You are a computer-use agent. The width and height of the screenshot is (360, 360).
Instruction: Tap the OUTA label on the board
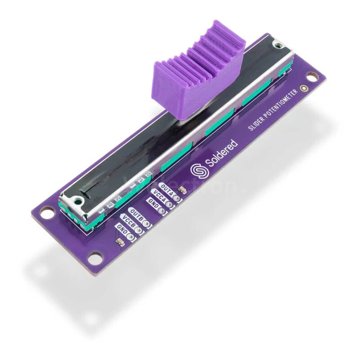pos(167,188)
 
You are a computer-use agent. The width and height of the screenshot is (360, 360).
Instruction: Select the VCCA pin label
pos(159,196)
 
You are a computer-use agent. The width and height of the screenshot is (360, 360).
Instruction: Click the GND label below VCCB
pos(121,228)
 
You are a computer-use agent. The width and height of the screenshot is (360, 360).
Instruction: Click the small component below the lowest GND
pos(121,242)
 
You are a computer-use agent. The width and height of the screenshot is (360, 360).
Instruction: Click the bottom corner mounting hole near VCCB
pos(95,258)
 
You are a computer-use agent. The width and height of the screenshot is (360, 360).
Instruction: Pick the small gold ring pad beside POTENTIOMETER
pos(305,90)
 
